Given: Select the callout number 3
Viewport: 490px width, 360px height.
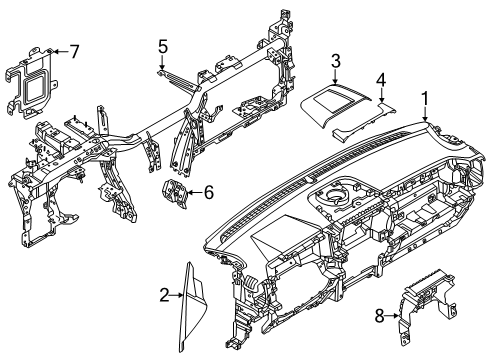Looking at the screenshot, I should coord(336,61).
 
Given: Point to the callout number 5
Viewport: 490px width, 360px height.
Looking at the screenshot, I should coord(162,45).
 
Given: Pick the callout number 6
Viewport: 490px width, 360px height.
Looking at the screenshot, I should coord(208,191).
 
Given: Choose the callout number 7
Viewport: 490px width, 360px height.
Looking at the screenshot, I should coord(73,50).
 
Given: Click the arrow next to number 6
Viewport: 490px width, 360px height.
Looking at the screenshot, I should coord(195,191).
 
